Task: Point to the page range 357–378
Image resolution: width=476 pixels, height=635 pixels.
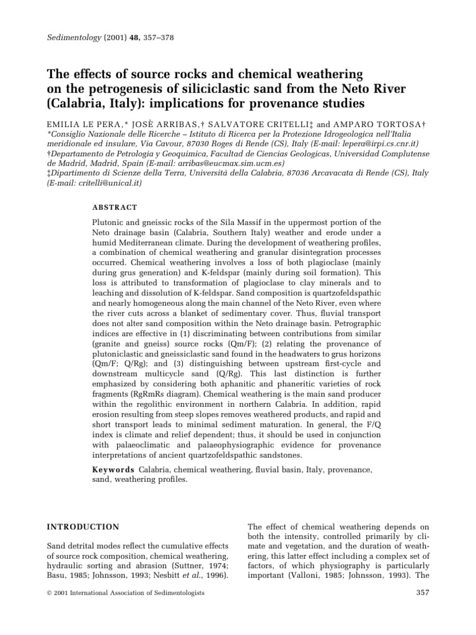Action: [158, 37]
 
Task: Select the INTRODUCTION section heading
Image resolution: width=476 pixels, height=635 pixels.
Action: [83, 527]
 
